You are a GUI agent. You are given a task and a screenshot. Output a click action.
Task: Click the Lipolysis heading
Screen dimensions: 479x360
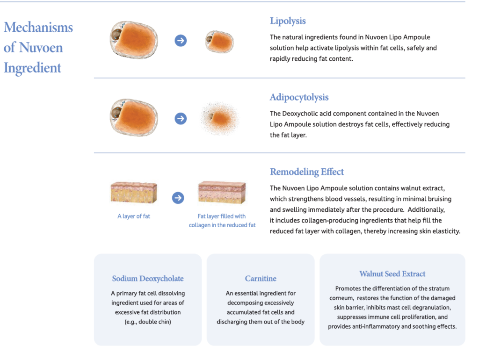point(288,21)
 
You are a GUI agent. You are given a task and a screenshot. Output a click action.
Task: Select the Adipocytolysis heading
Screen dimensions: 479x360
point(299,97)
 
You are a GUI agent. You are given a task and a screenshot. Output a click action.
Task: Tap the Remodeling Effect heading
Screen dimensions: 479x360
point(307,172)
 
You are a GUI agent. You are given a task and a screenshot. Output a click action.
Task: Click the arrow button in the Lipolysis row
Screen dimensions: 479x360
point(181,41)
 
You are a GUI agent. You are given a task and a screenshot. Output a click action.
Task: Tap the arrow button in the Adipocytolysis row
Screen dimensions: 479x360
point(181,118)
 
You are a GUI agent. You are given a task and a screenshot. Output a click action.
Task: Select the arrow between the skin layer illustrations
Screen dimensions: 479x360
point(178,198)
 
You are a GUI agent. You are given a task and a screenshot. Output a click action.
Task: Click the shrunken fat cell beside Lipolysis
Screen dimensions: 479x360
point(219,42)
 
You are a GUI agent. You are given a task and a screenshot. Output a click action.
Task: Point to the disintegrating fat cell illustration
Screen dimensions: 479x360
point(219,118)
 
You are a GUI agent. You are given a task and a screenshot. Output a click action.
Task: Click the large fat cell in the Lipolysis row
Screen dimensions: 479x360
point(134,40)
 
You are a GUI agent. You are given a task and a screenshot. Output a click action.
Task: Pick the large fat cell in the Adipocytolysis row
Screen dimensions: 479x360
point(134,117)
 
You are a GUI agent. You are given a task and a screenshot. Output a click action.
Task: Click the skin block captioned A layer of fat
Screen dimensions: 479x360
point(134,192)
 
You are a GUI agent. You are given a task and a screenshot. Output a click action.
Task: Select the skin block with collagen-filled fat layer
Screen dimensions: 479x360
point(222,192)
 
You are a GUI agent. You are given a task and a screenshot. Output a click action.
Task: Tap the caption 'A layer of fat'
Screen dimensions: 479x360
point(134,216)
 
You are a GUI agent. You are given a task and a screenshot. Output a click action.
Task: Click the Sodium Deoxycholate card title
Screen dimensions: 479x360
point(148,279)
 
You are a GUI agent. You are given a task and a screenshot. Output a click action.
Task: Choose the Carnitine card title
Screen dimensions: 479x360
point(261,279)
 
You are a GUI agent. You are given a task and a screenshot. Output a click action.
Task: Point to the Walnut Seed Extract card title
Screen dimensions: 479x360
point(392,274)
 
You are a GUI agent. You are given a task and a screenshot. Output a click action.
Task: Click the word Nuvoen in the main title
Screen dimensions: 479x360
point(41,48)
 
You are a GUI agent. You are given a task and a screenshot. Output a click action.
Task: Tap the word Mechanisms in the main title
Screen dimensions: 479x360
point(38,28)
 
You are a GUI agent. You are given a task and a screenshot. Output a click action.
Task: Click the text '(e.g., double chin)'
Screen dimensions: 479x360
point(148,322)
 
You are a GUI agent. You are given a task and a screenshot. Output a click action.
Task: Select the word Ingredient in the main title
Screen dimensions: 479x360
point(33,68)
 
